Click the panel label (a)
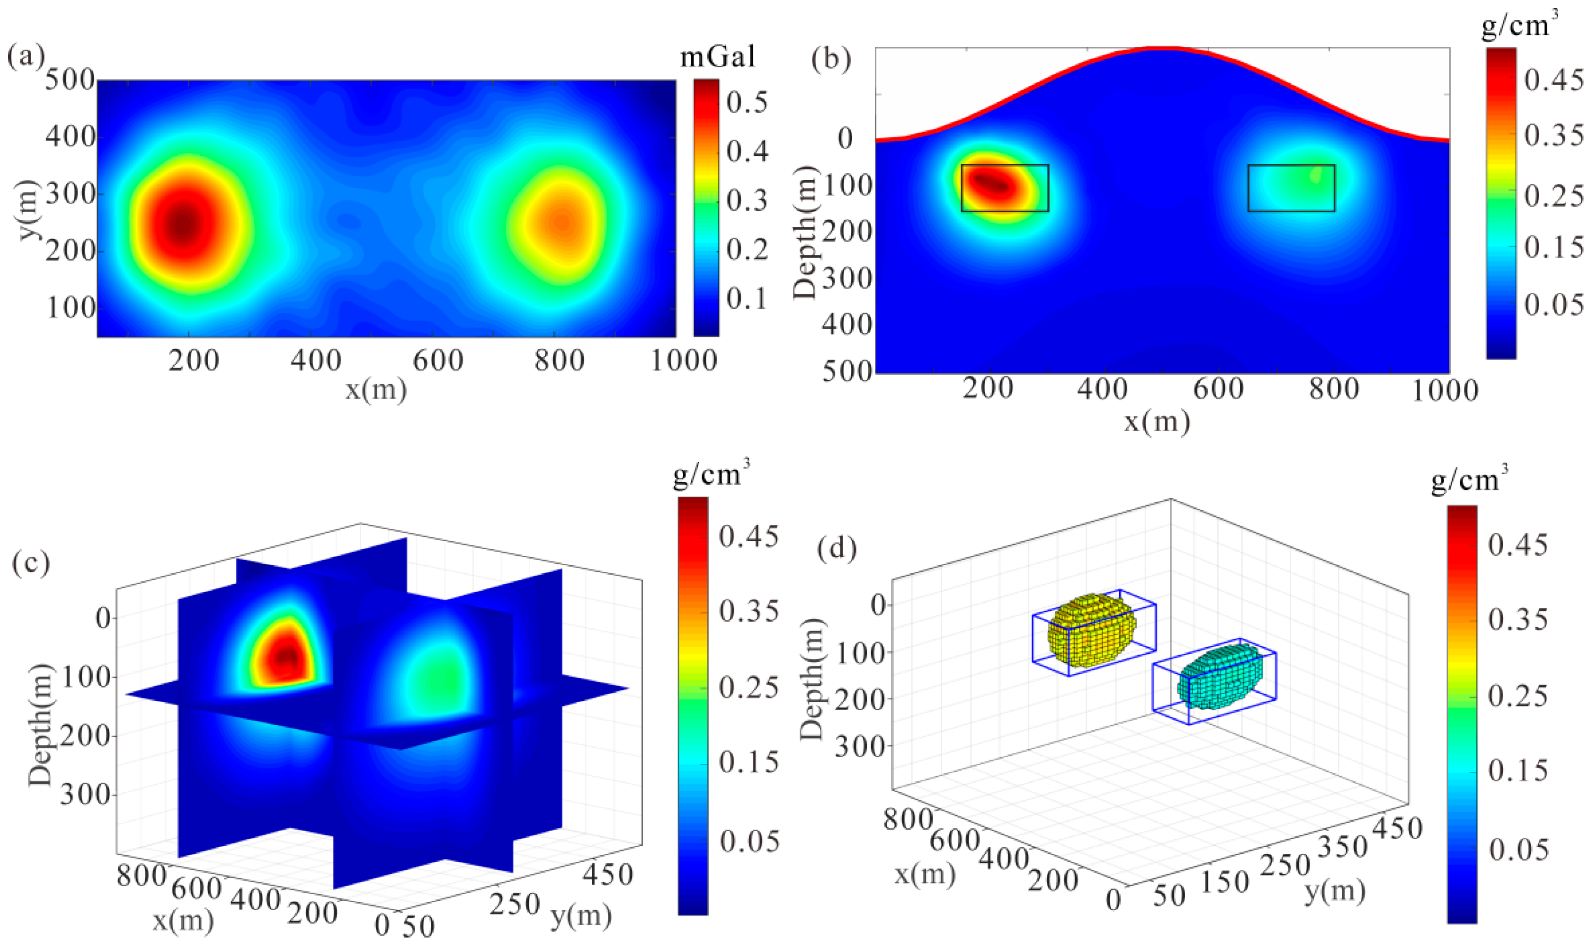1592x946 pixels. click(25, 57)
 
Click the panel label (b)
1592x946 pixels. click(830, 59)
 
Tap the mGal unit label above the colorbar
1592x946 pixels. click(717, 57)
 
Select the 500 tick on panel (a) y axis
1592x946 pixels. click(70, 81)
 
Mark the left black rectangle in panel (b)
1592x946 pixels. click(1005, 188)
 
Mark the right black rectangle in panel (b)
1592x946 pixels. click(1291, 188)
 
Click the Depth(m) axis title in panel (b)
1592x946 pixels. click(805, 232)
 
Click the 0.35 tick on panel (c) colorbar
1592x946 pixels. click(749, 611)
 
